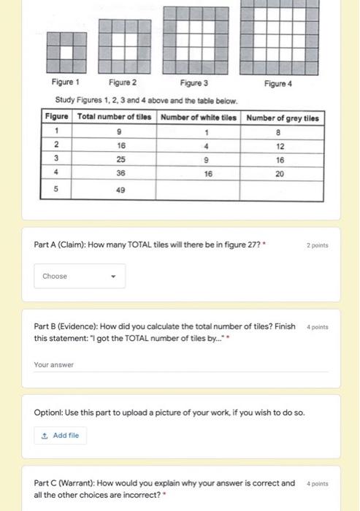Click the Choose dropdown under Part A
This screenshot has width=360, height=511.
click(79, 276)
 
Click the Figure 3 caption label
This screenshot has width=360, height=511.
click(194, 83)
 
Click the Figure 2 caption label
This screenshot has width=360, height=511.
click(123, 83)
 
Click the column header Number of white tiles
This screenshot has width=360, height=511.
click(199, 118)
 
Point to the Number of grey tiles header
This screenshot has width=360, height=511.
click(283, 118)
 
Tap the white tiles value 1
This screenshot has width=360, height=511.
click(207, 133)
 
